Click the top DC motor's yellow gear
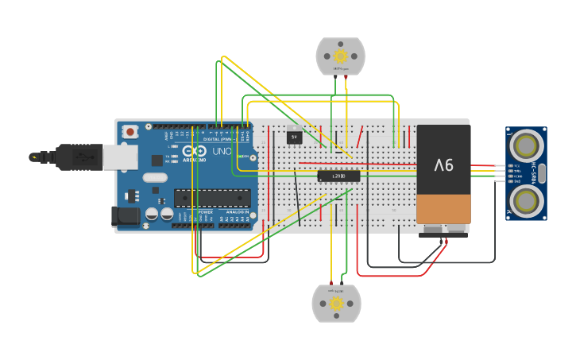point(341,56)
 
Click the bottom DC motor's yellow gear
point(336,304)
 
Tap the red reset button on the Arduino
point(130,130)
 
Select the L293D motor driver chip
point(338,176)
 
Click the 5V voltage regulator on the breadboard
point(294,137)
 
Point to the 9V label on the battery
point(443,165)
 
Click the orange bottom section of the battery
point(443,208)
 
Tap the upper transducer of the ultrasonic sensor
point(525,145)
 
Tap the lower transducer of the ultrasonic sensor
point(525,199)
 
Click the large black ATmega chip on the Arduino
point(212,197)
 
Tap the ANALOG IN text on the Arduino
point(236,212)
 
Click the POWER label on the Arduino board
point(205,212)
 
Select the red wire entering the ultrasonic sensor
point(485,166)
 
